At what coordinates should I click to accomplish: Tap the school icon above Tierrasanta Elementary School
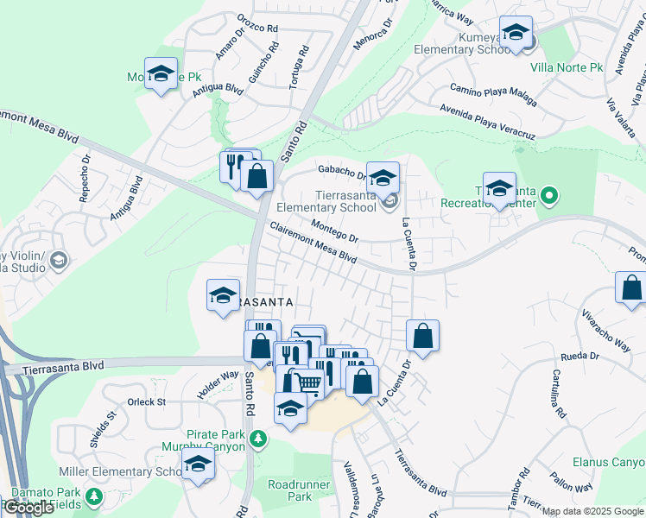[383, 178]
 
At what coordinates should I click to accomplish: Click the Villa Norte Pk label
[567, 67]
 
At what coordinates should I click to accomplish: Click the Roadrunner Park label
[289, 490]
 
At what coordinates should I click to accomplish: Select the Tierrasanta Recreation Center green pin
[546, 202]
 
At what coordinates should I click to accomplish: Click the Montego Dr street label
[333, 231]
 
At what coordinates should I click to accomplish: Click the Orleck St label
[146, 401]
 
